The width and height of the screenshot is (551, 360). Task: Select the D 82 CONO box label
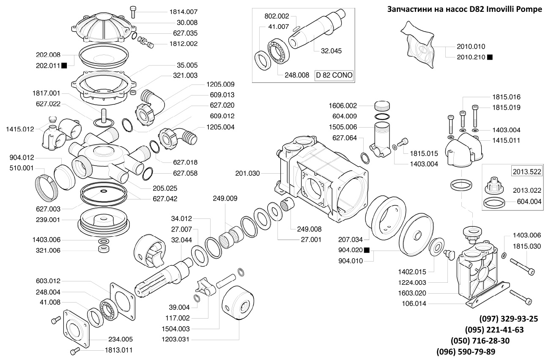click(334, 76)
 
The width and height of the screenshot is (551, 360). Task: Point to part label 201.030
click(247, 173)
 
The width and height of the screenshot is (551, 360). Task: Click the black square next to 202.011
click(64, 65)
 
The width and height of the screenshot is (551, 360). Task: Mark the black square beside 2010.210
click(490, 57)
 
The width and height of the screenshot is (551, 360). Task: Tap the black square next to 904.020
click(366, 250)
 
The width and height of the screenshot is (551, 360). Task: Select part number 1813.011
click(119, 350)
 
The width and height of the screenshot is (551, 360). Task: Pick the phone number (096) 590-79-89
click(466, 352)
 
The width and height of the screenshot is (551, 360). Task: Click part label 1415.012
click(20, 129)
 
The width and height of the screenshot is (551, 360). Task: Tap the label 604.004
click(529, 202)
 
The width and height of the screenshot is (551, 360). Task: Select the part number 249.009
click(225, 198)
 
